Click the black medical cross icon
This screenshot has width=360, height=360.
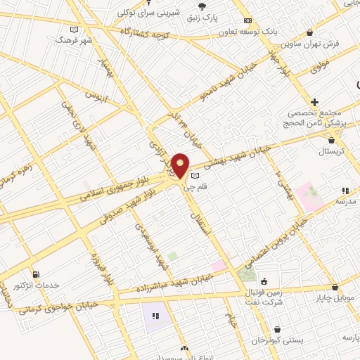[315, 102]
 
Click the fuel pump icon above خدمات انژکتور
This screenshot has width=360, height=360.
[34, 274]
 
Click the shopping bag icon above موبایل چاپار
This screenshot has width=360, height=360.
[335, 287]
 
